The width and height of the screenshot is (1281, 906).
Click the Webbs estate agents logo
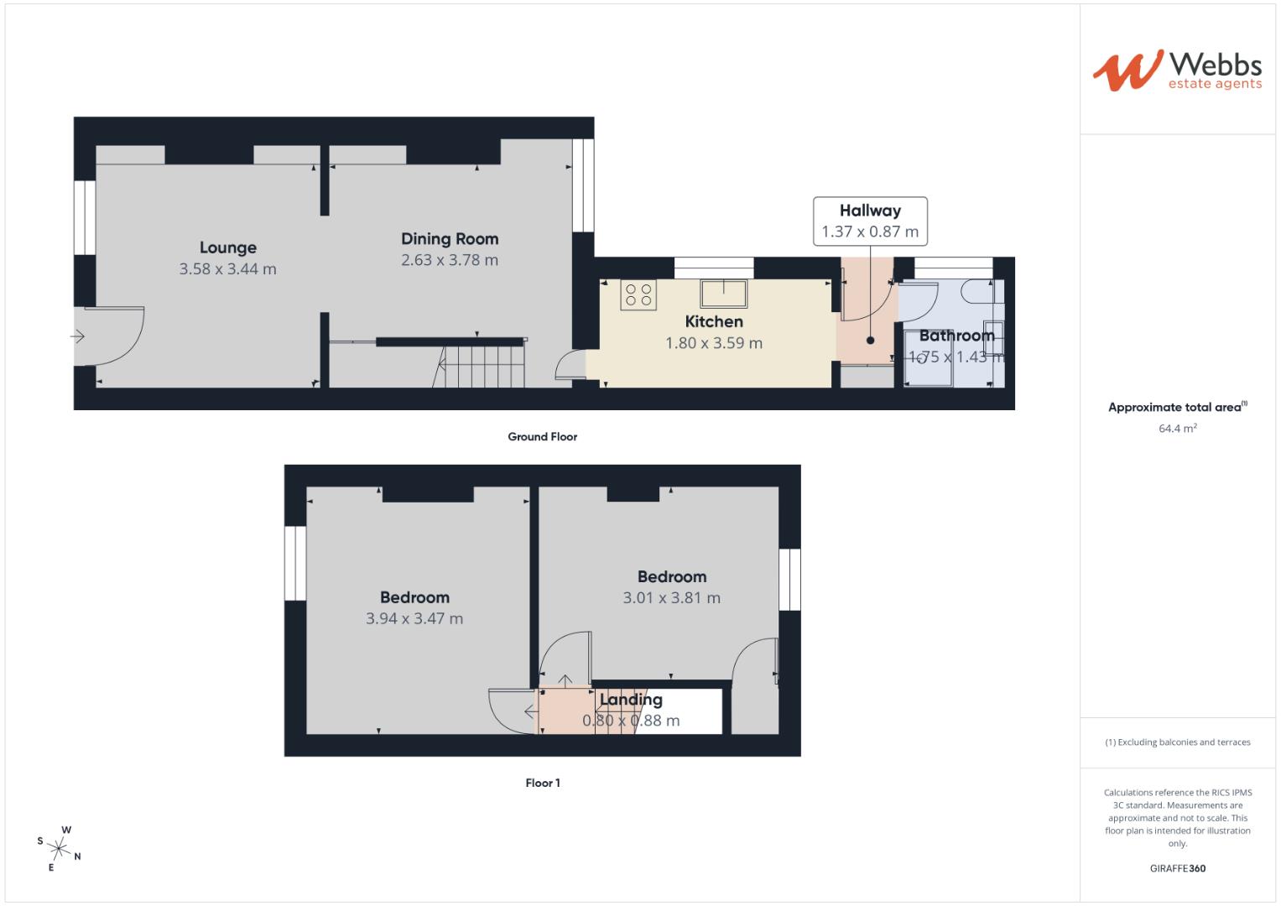click(x=1177, y=70)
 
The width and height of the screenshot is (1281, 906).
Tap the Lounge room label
click(x=228, y=247)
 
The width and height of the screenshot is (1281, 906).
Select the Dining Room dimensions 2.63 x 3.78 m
click(x=450, y=260)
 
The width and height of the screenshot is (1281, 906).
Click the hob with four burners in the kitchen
click(x=638, y=295)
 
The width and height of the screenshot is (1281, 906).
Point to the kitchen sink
click(x=723, y=294)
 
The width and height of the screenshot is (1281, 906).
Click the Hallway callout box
click(x=870, y=221)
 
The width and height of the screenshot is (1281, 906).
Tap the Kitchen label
click(x=714, y=321)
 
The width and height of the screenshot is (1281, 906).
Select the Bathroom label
click(x=956, y=336)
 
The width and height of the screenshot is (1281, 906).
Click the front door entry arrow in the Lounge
click(x=77, y=337)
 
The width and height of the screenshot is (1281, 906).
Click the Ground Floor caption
click(x=542, y=436)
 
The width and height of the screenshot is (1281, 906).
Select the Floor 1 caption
click(x=543, y=783)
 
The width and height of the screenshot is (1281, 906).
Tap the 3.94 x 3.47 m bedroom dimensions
click(x=414, y=619)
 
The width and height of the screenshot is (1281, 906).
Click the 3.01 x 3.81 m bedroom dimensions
click(x=671, y=598)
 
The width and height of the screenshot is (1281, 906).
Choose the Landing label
click(x=631, y=700)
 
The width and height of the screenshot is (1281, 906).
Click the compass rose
click(x=60, y=848)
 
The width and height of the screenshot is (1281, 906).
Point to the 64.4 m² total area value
click(x=1177, y=428)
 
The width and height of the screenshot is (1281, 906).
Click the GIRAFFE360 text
click(x=1177, y=868)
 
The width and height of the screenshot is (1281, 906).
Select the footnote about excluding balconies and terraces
click(x=1177, y=742)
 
